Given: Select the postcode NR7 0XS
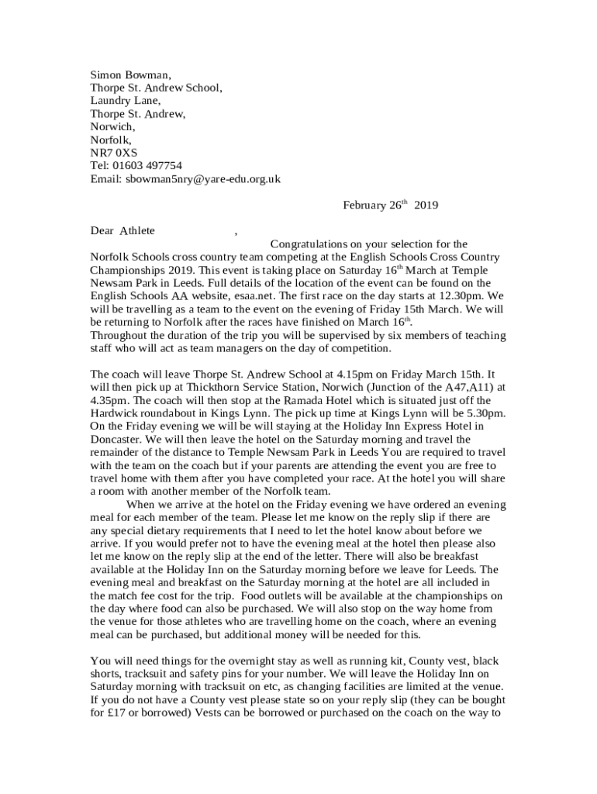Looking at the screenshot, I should (114, 153).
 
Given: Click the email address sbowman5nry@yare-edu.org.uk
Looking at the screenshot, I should (202, 178).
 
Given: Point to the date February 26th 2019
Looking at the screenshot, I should (391, 205).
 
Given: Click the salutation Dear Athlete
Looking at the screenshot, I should (123, 230).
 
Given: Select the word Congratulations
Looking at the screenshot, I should (313, 243).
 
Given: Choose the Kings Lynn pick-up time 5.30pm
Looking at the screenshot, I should (484, 413).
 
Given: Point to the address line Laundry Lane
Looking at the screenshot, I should (126, 101).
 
